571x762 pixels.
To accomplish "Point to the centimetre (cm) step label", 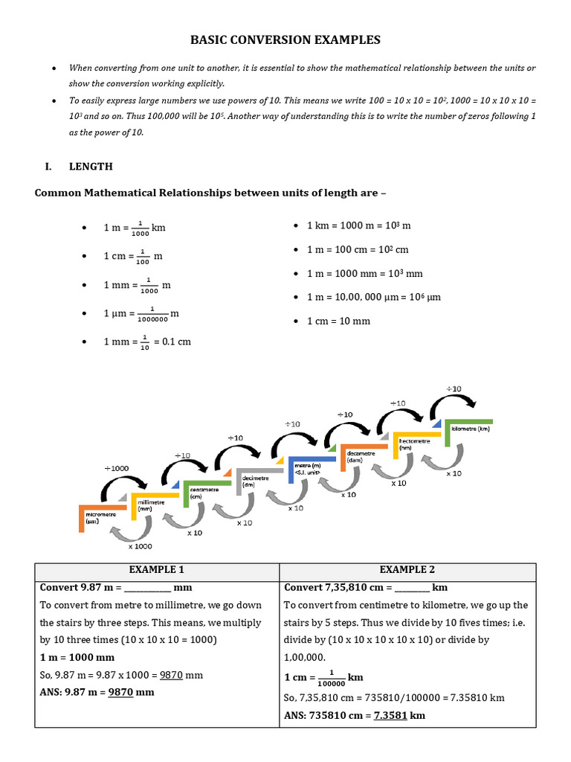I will (x=204, y=492).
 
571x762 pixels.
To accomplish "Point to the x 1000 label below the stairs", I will (x=140, y=546).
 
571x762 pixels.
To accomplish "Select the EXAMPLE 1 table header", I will (x=157, y=570).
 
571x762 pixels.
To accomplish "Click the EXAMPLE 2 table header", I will (x=407, y=570).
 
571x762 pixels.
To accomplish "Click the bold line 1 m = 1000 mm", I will (x=77, y=657).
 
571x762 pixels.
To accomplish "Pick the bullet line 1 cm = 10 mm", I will (x=338, y=321).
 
